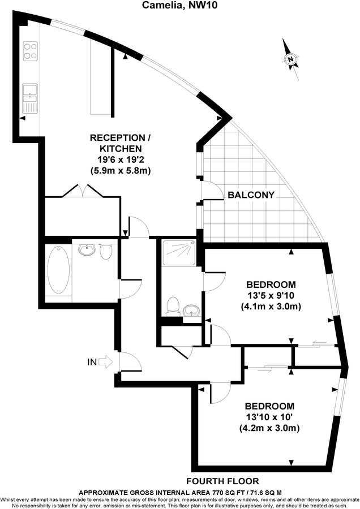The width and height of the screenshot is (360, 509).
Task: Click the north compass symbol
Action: (290, 58)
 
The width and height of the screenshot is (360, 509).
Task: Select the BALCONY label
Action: (251, 195)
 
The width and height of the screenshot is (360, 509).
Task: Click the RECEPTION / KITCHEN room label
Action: (121, 143)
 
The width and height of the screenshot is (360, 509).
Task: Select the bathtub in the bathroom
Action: (59, 270)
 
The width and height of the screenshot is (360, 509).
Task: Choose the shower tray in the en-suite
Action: (179, 251)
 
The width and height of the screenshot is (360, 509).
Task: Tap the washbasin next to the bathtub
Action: (87, 249)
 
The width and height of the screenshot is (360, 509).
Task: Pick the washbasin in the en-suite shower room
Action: (190, 309)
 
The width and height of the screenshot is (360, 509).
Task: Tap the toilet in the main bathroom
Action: (106, 252)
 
